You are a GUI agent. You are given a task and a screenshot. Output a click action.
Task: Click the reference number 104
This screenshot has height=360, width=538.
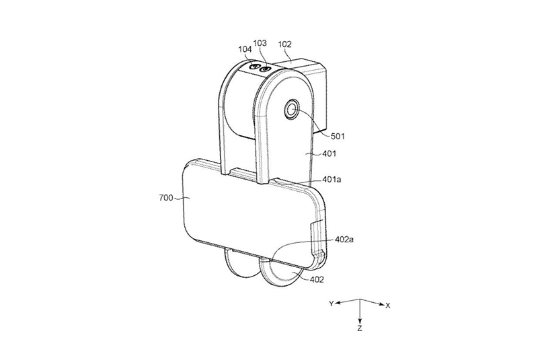coord(245,48)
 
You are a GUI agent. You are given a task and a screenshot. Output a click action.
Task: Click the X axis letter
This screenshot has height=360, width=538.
coord(388,306)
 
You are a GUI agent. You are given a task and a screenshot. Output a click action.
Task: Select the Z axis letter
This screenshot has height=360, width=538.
coord(360,330)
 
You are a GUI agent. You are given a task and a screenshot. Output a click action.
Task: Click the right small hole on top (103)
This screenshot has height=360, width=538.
coord(264,69)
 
